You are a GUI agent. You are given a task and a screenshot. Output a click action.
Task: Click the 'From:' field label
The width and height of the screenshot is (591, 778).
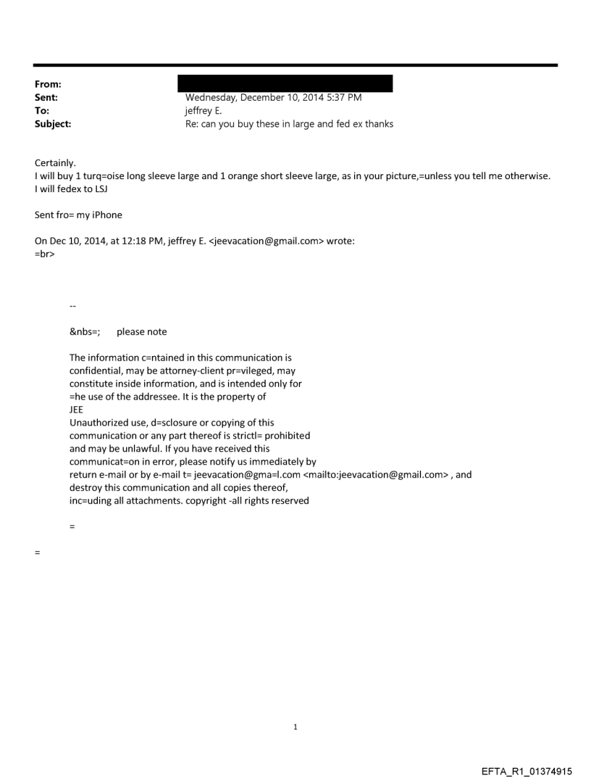coord(47,84)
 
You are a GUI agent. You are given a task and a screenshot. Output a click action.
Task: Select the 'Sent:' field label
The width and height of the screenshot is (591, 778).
coord(46,97)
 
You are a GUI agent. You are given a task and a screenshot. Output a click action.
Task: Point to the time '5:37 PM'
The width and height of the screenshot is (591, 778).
coord(344,97)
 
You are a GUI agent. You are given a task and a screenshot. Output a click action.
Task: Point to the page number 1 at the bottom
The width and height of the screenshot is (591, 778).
coord(295,727)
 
